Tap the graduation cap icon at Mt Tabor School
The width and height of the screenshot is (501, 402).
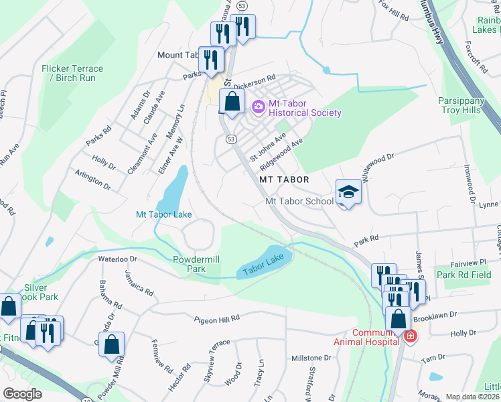pyautogui.click(x=348, y=192)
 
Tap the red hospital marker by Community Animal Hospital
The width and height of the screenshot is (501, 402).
pyautogui.click(x=409, y=337)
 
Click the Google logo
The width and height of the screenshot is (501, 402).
pyautogui.click(x=22, y=394)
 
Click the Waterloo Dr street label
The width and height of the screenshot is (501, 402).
pyautogui.click(x=117, y=259)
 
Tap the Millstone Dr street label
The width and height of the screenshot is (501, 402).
pyautogui.click(x=311, y=358)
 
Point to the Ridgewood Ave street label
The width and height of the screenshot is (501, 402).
pyautogui.click(x=282, y=153)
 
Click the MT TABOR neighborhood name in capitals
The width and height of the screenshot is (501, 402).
pyautogui.click(x=285, y=180)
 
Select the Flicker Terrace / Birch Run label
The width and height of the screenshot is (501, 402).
pyautogui.click(x=72, y=73)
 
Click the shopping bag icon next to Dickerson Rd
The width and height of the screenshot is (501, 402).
pyautogui.click(x=232, y=103)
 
